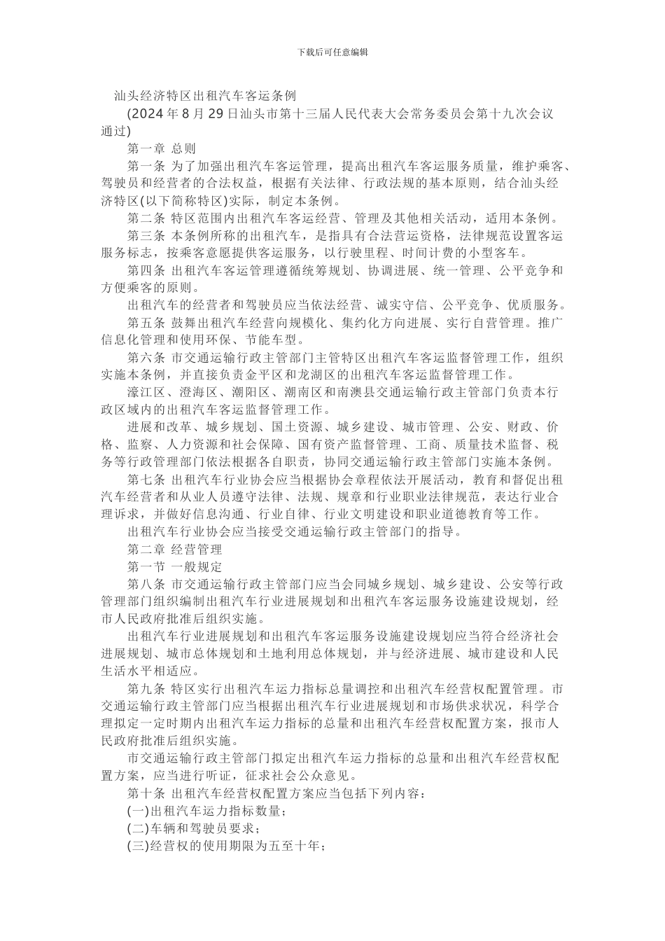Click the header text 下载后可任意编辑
(332, 52)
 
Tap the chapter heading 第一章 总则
(162, 149)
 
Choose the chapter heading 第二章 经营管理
(174, 550)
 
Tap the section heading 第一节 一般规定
(174, 566)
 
